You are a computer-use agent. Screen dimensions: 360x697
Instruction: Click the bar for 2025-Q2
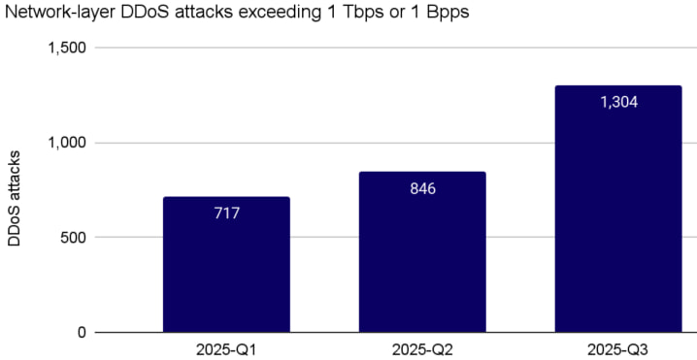422,252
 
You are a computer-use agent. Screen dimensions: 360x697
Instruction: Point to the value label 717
226,212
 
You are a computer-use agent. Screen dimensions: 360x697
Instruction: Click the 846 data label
422,187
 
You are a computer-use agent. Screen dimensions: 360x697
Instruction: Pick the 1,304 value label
618,101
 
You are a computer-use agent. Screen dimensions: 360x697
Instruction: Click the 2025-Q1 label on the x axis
226,347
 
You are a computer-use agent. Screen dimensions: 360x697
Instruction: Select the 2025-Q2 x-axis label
422,347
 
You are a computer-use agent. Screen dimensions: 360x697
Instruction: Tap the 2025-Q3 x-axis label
618,347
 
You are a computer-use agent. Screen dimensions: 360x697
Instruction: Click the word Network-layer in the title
54,14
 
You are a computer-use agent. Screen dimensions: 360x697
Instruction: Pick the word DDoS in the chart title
139,14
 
